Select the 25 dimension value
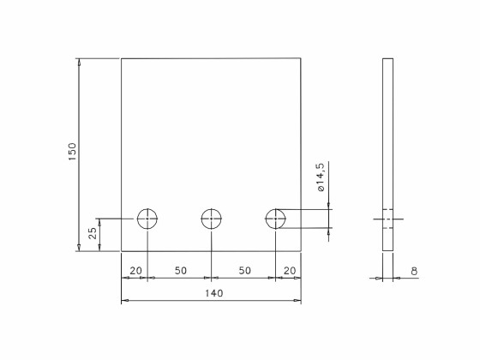click(x=93, y=234)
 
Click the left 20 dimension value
click(x=135, y=271)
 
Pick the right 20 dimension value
click(x=289, y=271)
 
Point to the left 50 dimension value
click(x=180, y=271)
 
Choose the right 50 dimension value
click(x=244, y=271)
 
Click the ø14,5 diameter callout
click(x=321, y=177)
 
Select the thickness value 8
click(x=414, y=272)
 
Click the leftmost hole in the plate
click(x=148, y=219)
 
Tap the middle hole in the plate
click(x=211, y=219)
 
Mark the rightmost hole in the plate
click(x=275, y=219)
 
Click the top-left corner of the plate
click(x=122, y=58)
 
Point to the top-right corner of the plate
click(x=301, y=58)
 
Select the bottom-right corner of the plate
click(x=301, y=251)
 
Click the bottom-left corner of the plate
click(x=122, y=251)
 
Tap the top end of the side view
click(x=387, y=59)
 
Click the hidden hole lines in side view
click(x=387, y=219)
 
